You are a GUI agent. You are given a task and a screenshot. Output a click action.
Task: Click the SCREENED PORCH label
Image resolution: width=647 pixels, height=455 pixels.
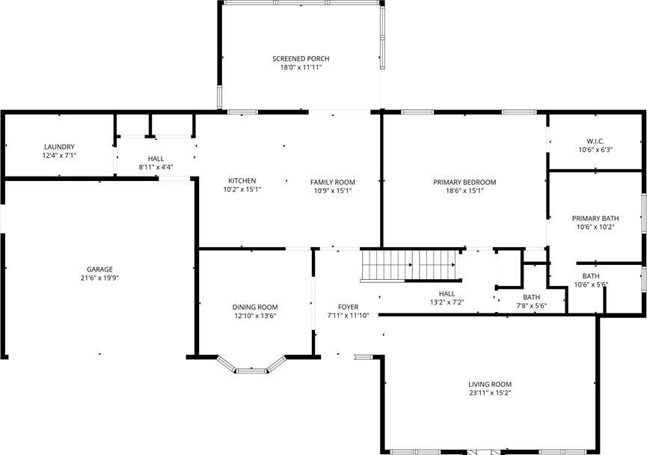click(301, 58)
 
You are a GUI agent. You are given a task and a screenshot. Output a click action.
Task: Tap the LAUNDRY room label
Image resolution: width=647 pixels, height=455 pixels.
click(59, 147)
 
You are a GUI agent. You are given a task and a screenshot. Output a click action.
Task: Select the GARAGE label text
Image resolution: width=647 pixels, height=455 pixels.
click(100, 269)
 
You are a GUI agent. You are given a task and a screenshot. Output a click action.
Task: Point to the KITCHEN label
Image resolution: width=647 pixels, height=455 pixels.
click(242, 180)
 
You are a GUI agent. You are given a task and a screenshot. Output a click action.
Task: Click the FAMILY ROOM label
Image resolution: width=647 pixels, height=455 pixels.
click(333, 182)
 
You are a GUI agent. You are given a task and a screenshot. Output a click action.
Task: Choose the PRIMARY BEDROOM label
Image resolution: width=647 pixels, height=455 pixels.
click(464, 182)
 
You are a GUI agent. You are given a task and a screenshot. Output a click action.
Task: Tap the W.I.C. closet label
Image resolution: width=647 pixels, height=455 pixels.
click(595, 141)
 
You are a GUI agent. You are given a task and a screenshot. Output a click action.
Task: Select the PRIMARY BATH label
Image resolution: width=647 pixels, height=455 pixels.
click(595, 219)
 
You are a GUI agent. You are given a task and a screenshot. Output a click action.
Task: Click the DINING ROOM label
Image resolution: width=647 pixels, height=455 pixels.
click(255, 307)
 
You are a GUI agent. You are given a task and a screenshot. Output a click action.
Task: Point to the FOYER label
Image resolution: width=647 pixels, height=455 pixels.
click(349, 307)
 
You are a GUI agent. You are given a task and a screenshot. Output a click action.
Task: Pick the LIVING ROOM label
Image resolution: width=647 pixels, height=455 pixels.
click(490, 385)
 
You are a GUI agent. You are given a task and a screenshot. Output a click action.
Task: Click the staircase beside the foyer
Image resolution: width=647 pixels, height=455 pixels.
click(409, 266)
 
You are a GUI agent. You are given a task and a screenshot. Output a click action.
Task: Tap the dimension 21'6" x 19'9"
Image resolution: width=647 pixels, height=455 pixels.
click(100, 278)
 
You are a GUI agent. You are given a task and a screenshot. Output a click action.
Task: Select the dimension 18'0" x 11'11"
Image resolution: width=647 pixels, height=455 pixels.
click(301, 67)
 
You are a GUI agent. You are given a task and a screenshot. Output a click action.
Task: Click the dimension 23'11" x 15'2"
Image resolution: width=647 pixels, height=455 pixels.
click(490, 393)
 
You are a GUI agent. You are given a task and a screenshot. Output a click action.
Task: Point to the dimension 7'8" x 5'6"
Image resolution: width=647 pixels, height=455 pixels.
click(532, 306)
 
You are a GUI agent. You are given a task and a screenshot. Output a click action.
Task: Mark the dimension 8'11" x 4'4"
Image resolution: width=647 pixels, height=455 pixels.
click(156, 167)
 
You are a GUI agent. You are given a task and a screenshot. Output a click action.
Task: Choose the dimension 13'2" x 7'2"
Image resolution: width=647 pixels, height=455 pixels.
click(447, 302)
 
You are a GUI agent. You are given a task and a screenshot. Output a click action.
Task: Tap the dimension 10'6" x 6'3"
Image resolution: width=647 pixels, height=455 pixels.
click(595, 150)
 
